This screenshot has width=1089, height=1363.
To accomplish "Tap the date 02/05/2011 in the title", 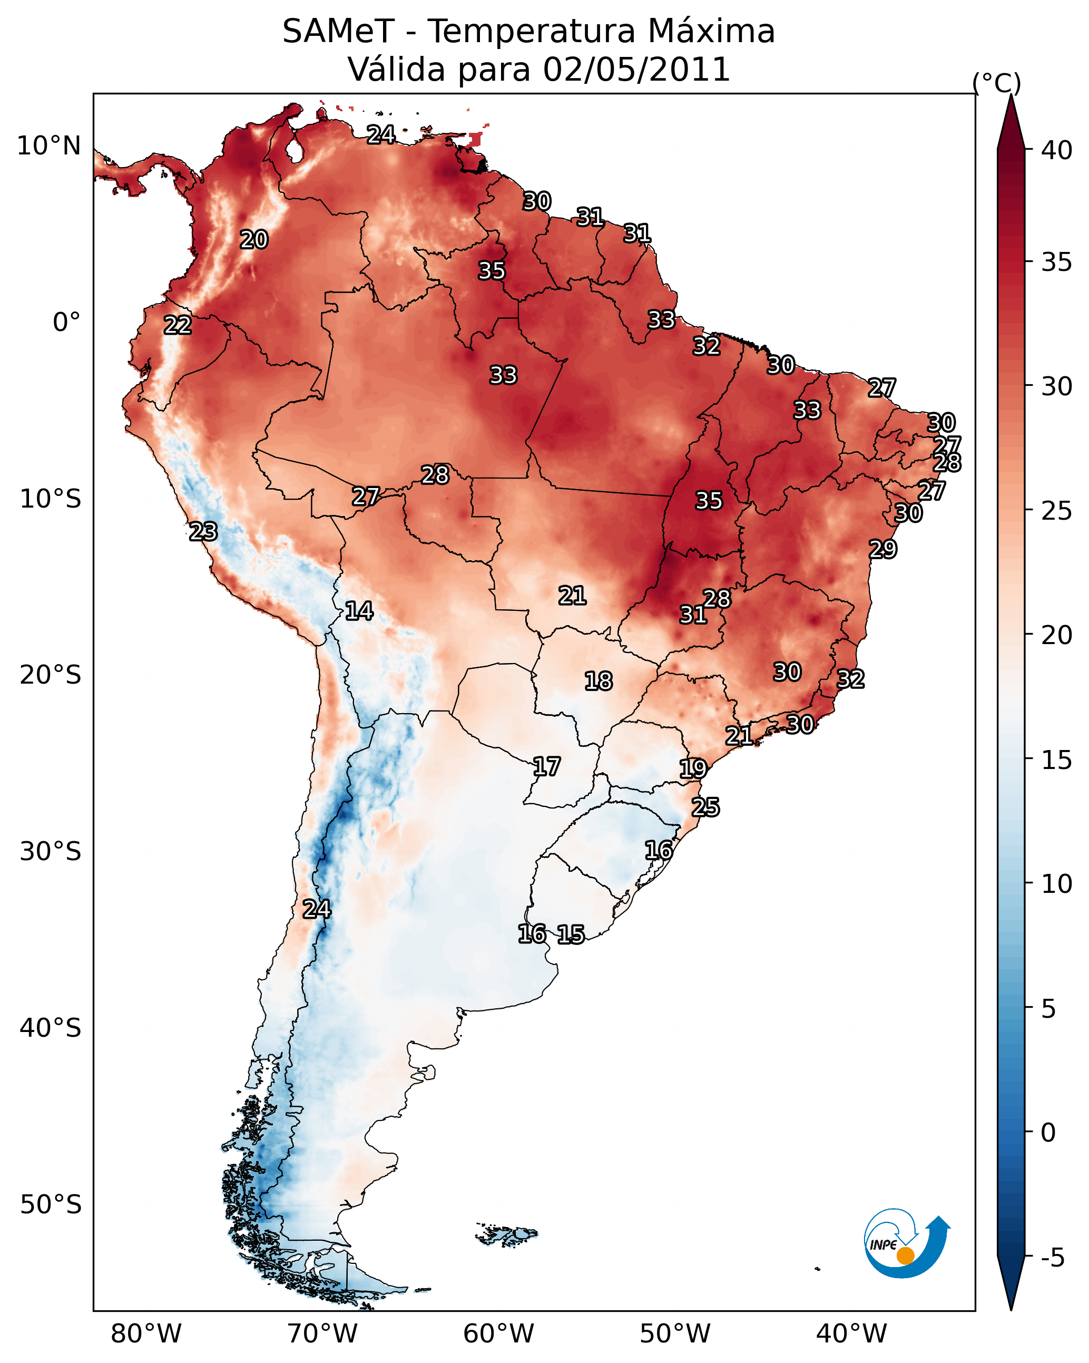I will click(636, 70).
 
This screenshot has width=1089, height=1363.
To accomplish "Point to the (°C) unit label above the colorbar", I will click(996, 83).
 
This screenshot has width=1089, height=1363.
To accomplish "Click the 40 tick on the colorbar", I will click(1056, 150).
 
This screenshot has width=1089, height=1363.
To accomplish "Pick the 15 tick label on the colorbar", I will click(1056, 760).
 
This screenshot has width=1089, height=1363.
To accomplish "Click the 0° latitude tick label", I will click(66, 323).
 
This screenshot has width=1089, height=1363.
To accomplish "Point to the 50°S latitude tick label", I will click(51, 1205).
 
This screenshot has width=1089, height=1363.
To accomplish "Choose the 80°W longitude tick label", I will click(146, 1333).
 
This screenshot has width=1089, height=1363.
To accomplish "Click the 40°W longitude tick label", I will click(851, 1333).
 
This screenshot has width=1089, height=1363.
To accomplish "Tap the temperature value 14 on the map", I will click(359, 611).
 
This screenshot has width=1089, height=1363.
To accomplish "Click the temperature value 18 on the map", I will click(599, 681).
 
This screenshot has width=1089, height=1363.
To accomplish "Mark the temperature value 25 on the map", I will click(705, 807).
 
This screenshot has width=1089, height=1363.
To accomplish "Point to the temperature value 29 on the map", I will click(883, 549).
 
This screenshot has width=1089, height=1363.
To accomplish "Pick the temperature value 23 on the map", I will click(203, 532).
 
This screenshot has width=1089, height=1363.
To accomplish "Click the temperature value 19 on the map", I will click(693, 769).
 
